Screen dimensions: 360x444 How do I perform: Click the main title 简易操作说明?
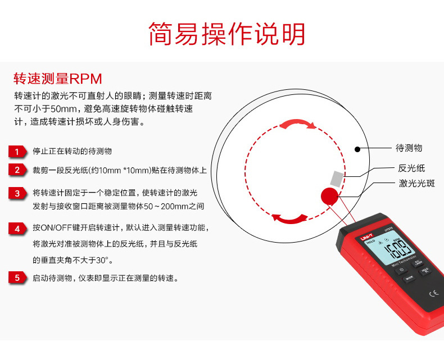[x=227, y=34]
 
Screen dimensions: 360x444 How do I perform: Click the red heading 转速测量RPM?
[x=57, y=78]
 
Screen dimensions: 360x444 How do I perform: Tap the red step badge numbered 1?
[x=18, y=152]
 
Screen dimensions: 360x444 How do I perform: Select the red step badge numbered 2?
[x=18, y=170]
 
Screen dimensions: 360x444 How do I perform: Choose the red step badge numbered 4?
[x=18, y=229]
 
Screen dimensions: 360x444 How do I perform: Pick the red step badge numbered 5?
[x=18, y=277]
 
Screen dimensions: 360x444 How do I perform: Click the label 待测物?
[x=409, y=148]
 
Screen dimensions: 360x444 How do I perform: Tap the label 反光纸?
[x=411, y=168]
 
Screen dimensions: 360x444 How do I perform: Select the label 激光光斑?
[x=417, y=183]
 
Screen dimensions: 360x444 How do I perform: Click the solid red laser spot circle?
[x=329, y=196]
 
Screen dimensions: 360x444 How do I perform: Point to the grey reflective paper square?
[x=336, y=178]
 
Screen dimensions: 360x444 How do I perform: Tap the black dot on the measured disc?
[x=357, y=149]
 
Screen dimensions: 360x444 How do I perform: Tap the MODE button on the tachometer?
[x=409, y=277]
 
